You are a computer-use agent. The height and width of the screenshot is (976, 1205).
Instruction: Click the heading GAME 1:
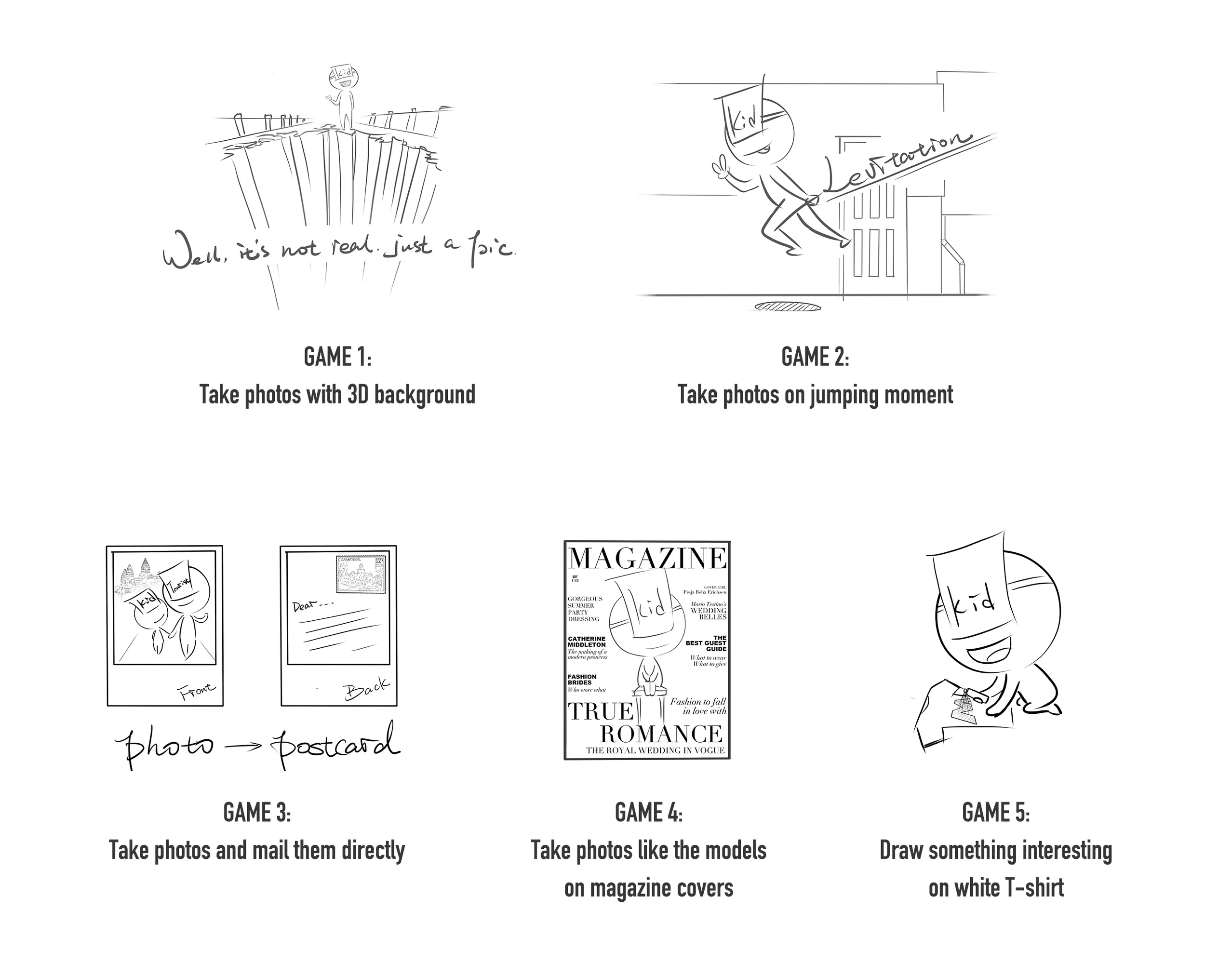(x=337, y=357)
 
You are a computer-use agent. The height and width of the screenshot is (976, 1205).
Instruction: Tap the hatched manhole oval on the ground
(x=787, y=307)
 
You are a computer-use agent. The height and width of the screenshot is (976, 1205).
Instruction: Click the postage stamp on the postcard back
(x=361, y=574)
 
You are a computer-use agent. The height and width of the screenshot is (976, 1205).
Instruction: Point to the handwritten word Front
(x=196, y=691)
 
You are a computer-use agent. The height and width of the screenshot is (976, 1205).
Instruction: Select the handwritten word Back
(x=367, y=689)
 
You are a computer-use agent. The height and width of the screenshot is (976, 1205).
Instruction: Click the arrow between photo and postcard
(x=243, y=746)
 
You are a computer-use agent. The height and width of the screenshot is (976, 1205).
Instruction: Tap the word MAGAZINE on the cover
(x=647, y=559)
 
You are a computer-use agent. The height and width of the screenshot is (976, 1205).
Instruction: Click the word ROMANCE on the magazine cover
(x=661, y=734)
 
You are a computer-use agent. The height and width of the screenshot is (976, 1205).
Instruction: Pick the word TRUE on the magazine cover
(x=600, y=712)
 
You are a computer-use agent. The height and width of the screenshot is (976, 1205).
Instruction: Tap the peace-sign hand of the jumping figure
(x=720, y=168)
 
